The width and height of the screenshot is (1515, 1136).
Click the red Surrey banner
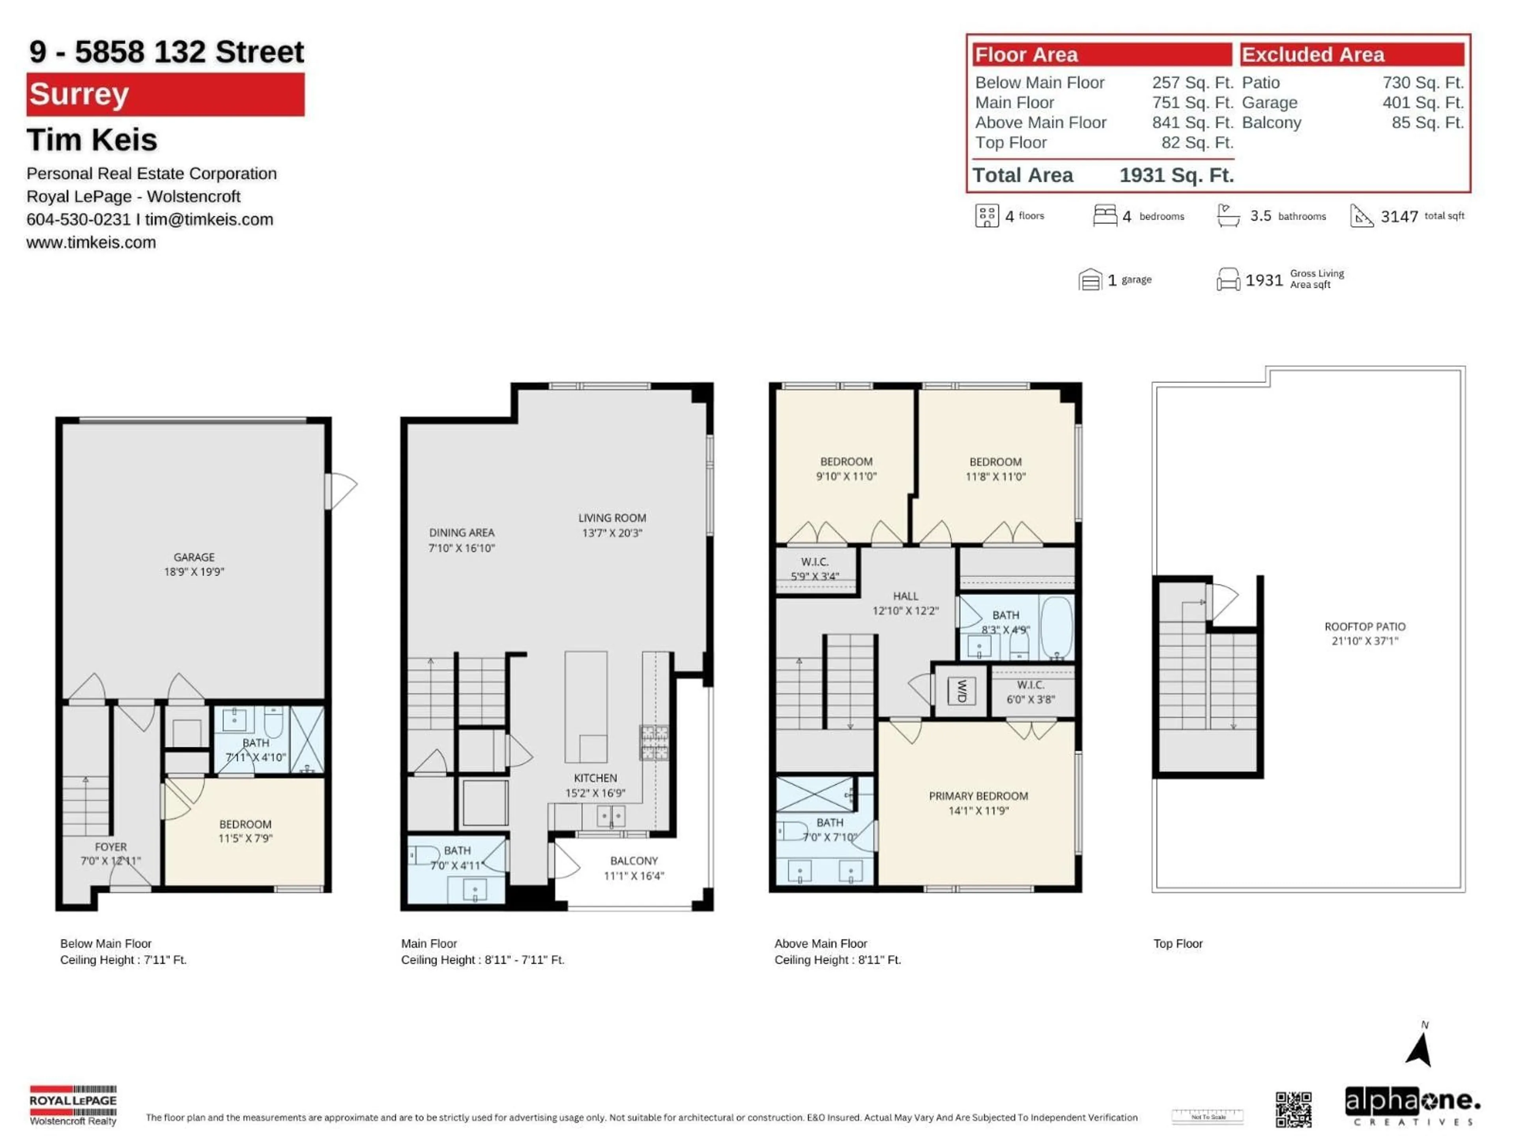click(x=165, y=95)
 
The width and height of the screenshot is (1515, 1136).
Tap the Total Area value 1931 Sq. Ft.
click(x=1176, y=175)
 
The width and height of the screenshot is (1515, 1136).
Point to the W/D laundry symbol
click(x=961, y=691)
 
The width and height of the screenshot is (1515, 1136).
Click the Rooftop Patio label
click(x=1364, y=626)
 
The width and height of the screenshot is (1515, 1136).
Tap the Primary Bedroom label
click(x=978, y=796)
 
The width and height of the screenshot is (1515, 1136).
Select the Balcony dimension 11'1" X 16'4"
click(x=634, y=876)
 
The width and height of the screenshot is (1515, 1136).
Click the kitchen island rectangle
click(x=585, y=705)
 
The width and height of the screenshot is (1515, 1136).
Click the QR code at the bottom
click(x=1293, y=1109)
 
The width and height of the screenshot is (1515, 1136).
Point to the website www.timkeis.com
click(x=91, y=243)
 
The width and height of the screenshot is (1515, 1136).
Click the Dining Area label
click(x=462, y=533)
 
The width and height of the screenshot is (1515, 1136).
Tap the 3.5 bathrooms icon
click(x=1228, y=216)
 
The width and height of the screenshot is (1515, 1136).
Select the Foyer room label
click(x=110, y=846)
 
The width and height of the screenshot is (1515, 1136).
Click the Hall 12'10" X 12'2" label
click(x=905, y=603)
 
